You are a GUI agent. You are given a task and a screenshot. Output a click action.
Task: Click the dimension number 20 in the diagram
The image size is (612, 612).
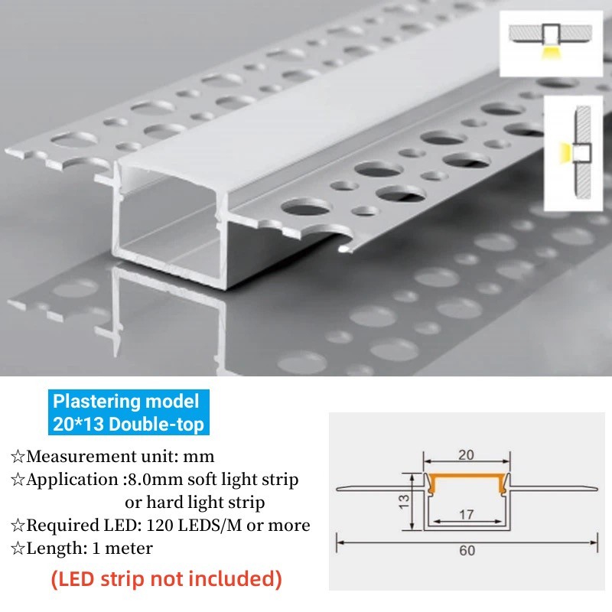[x=466, y=454]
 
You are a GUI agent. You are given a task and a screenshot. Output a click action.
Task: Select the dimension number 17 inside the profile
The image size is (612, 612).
[x=465, y=515]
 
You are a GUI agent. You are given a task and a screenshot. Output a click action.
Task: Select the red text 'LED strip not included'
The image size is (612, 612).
[x=166, y=579]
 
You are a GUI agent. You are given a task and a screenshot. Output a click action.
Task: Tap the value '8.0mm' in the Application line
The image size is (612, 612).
[x=154, y=480]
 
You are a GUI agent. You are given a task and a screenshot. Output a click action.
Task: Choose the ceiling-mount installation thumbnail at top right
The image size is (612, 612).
[x=549, y=45]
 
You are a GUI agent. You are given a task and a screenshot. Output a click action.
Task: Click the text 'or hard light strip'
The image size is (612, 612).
[x=195, y=503]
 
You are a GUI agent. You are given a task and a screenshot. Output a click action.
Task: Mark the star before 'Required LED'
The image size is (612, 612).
[x=18, y=526]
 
